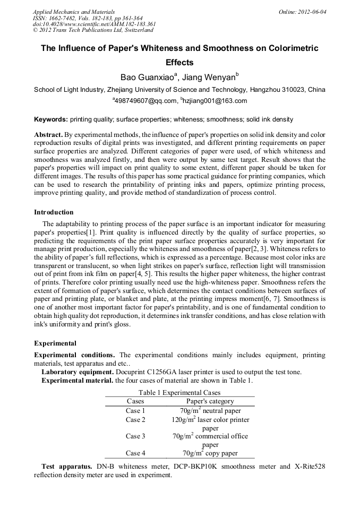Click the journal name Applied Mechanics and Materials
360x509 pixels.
[74, 12]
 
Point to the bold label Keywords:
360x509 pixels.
[51, 119]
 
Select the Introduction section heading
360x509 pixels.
[54, 212]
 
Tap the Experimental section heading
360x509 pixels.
[55, 343]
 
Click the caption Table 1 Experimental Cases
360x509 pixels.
[179, 393]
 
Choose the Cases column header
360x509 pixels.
[135, 401]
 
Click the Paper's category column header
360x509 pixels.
[210, 401]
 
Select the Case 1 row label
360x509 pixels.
[135, 411]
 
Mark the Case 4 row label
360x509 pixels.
[135, 453]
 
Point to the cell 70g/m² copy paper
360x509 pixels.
[210, 453]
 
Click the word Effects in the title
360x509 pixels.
[179, 62]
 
